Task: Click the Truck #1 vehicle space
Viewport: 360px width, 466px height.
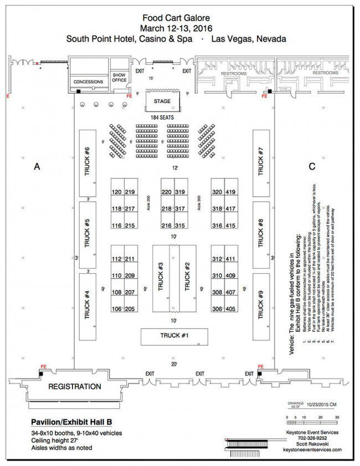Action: pos(174,336)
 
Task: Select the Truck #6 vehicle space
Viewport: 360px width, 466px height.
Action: pos(88,162)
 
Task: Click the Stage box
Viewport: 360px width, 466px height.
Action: pos(162,101)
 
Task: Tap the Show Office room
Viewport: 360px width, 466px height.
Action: pos(119,78)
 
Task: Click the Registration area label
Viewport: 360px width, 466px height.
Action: pos(75,386)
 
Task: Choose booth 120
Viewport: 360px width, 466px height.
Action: pos(117,192)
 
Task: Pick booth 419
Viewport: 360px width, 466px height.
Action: pos(231,192)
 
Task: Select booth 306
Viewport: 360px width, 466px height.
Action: pos(217,309)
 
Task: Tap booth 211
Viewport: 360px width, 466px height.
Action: pos(130,259)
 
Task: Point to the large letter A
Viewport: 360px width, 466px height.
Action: pos(37,166)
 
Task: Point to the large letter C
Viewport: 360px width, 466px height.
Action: pos(312,166)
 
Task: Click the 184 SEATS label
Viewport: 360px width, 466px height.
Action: pos(162,117)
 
